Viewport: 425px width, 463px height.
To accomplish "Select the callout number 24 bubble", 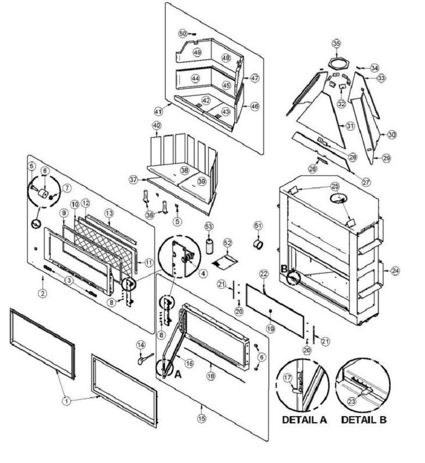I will (x=396, y=270).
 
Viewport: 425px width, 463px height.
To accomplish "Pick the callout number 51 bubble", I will (x=258, y=226).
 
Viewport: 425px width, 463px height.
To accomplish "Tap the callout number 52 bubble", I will (x=228, y=243).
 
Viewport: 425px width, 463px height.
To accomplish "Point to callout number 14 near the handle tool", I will (x=141, y=345).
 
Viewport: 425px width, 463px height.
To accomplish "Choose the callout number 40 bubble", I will (x=156, y=125).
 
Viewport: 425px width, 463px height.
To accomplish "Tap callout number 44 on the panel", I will (x=194, y=78).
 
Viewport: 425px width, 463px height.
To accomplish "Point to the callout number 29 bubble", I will (x=386, y=158).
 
